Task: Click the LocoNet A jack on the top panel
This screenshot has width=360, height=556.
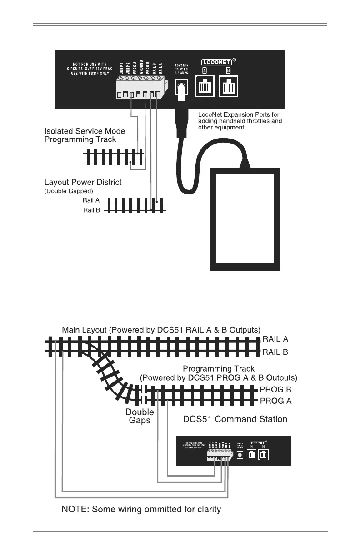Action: point(205,85)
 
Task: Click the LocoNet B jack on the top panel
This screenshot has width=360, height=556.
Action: point(229,85)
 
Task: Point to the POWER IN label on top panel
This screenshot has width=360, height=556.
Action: point(182,65)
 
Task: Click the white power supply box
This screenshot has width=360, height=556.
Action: point(245,219)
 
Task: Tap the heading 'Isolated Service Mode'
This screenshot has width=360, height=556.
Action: point(85,131)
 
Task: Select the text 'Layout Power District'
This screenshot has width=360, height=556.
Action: point(83,182)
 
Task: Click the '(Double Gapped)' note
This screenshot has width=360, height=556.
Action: point(69,191)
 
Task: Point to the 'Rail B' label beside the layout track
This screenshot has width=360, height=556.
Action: point(92,210)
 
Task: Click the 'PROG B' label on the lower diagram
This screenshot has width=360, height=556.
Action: point(275,390)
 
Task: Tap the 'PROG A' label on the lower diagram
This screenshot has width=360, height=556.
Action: point(275,401)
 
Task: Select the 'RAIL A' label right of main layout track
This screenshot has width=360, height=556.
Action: point(275,339)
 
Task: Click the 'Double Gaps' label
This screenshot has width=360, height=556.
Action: point(140,416)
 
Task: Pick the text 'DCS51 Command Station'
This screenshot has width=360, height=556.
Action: point(235,419)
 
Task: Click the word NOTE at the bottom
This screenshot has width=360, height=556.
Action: point(75,509)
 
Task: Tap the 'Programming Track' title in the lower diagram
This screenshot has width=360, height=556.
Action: point(219,368)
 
